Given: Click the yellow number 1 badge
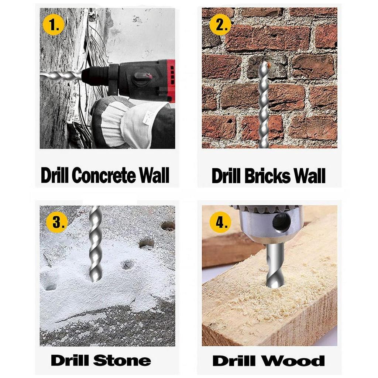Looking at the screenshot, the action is pos(54,24).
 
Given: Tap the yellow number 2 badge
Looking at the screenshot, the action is pos(220,24).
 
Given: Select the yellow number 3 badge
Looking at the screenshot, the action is pos(57,222).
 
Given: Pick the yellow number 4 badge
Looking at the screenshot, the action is pos(220,222).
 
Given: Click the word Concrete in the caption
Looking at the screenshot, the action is pos(104,175).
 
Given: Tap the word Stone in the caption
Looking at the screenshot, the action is pos(122,361).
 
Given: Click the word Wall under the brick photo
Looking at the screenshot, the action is pos(310,176).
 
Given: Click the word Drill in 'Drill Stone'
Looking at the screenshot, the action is pos(71,361).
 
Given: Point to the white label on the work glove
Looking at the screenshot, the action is pos(149,117).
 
